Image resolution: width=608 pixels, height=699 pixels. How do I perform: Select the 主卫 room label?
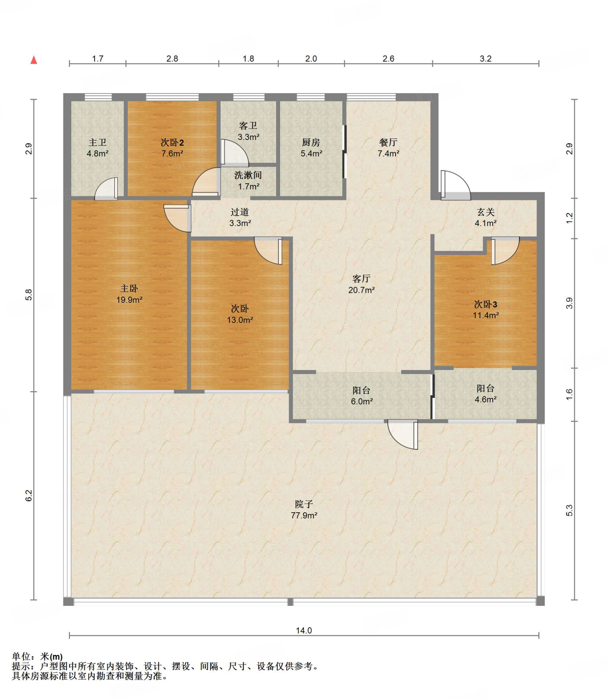98,142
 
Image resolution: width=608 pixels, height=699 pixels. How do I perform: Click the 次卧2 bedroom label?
172,142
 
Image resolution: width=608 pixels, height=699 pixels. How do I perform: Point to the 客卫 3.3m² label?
248,131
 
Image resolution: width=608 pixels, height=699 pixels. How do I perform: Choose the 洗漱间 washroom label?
248,175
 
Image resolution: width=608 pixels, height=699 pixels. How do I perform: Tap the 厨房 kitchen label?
311,142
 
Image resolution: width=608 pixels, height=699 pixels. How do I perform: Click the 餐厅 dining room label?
388,142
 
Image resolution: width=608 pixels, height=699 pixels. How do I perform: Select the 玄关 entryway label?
486,212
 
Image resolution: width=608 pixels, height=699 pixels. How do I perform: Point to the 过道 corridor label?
240,212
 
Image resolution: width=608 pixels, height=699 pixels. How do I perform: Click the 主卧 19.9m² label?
129,294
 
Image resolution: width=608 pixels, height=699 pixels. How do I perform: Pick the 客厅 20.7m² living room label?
362,284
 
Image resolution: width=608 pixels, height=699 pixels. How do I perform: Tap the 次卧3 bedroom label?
486,304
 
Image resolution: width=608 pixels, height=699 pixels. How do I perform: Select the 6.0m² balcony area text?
362,401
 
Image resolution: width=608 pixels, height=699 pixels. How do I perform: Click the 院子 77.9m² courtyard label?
304,510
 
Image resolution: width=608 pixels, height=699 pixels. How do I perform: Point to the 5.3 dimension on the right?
569,511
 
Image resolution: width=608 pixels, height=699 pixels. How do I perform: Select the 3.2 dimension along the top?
486,59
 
